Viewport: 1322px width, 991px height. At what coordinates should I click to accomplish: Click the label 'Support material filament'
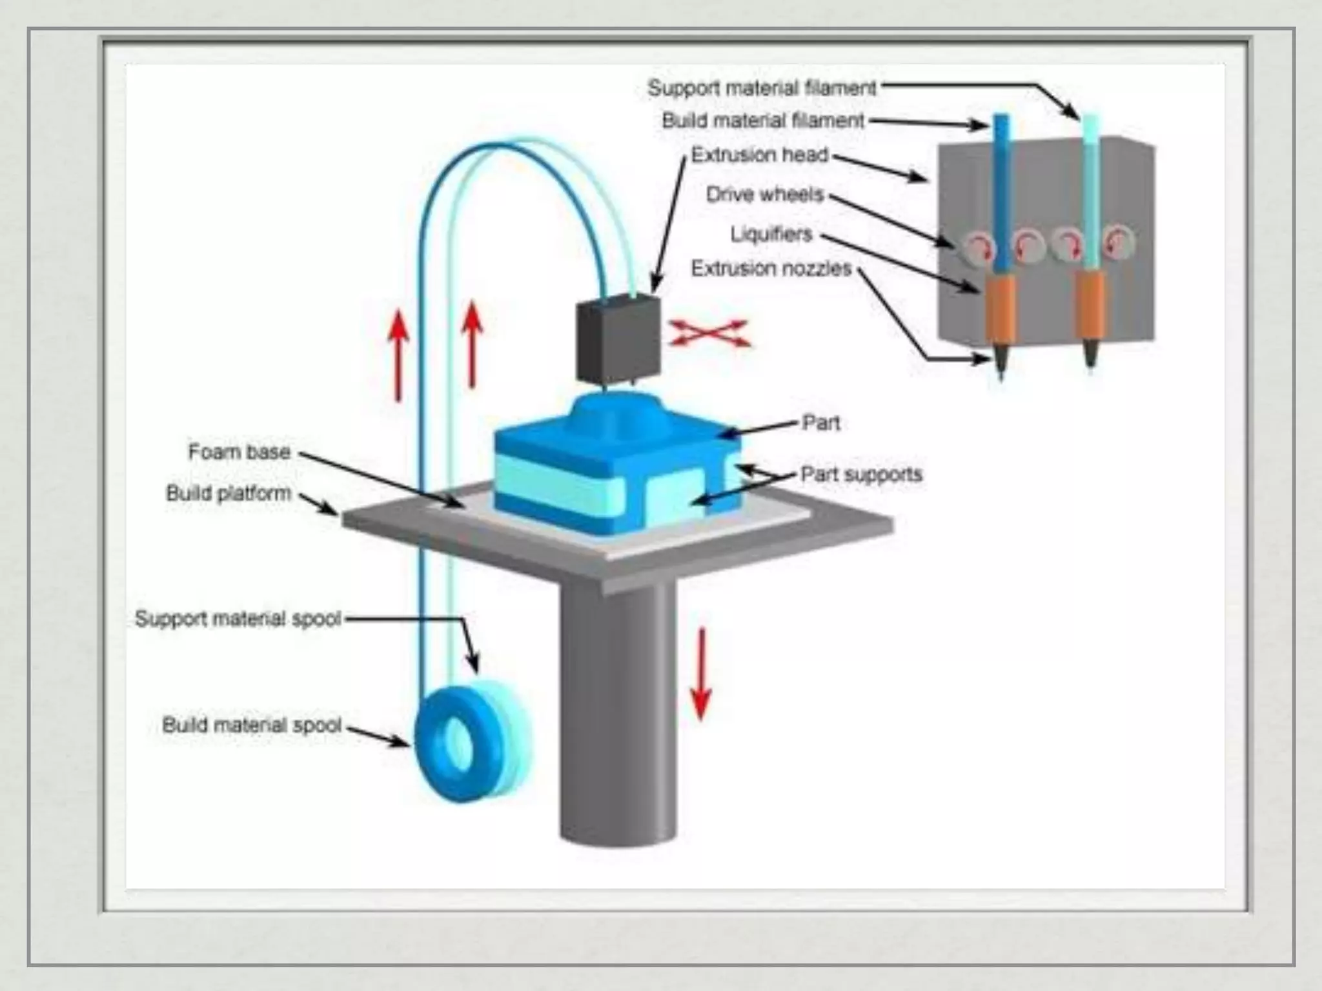[x=762, y=88]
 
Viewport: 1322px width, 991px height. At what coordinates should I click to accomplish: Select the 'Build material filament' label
[x=763, y=121]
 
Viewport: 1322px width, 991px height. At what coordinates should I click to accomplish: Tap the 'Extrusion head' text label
[x=759, y=155]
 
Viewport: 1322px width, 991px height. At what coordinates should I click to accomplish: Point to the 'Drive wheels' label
[x=765, y=194]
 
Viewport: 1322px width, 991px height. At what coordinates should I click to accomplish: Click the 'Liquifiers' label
[x=771, y=234]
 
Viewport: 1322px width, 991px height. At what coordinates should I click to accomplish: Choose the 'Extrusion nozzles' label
[x=771, y=268]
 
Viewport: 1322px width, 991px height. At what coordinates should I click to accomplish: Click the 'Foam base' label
[x=239, y=452]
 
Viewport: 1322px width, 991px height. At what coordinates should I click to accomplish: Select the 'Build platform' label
[x=229, y=493]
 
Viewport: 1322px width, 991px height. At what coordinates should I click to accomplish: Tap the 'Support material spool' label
[x=238, y=619]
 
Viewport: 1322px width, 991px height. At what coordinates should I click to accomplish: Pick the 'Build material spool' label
[x=251, y=725]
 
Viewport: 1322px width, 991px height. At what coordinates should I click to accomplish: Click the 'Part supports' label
[x=861, y=474]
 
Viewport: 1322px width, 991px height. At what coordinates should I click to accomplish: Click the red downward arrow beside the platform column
[x=701, y=674]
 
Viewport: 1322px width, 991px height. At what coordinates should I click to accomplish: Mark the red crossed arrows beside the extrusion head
[x=709, y=334]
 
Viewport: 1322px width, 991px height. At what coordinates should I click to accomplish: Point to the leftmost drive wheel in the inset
[x=977, y=247]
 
